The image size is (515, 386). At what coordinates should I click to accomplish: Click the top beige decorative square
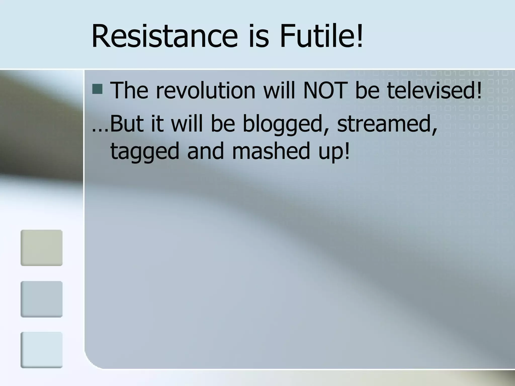coord(41,248)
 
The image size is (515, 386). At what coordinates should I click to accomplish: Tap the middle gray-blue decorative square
coord(41,299)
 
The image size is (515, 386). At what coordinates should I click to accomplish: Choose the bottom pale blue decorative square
coord(41,350)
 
